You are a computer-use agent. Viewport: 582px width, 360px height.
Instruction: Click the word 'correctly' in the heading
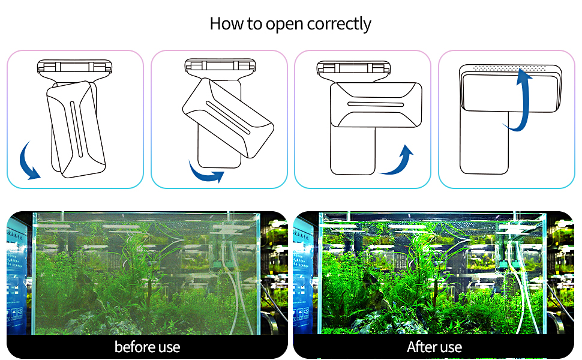click(x=339, y=24)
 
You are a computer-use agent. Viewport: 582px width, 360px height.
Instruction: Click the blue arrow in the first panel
click(x=28, y=161)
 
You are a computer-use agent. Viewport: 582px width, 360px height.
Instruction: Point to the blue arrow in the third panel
click(x=398, y=160)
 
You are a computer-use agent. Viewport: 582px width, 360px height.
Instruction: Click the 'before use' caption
click(x=147, y=347)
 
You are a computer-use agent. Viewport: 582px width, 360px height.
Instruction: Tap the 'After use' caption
click(x=434, y=347)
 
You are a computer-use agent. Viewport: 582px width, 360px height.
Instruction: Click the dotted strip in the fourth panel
click(x=509, y=69)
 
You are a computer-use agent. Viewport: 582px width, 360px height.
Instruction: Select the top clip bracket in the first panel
click(x=74, y=66)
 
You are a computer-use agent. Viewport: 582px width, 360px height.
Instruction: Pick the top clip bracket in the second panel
click(x=217, y=66)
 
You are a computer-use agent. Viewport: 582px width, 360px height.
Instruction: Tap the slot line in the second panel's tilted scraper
click(x=227, y=115)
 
